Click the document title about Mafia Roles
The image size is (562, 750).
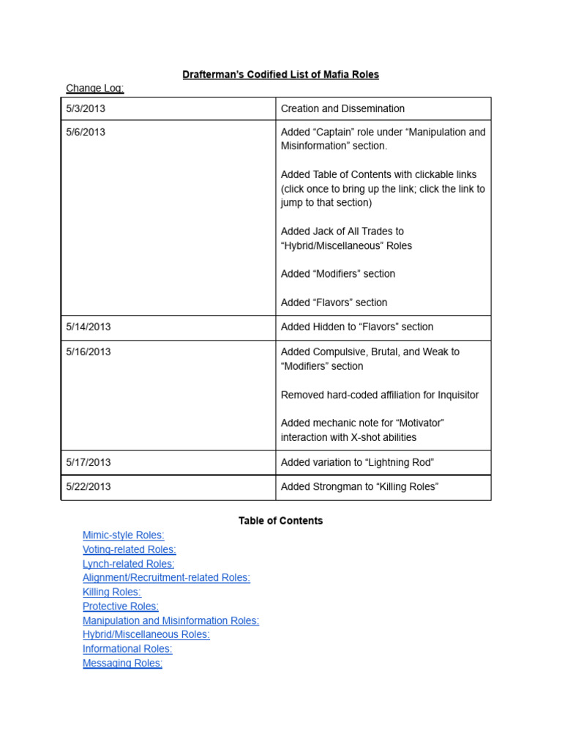(x=280, y=75)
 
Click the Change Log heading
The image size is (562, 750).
(x=95, y=89)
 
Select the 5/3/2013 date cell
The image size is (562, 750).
(x=86, y=108)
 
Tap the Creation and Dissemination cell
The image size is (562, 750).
(x=342, y=108)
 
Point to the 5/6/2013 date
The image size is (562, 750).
(x=86, y=132)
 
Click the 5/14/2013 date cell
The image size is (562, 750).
(x=89, y=327)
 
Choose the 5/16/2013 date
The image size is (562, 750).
(x=89, y=352)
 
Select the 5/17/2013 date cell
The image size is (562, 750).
(x=89, y=462)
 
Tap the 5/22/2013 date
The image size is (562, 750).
(x=89, y=486)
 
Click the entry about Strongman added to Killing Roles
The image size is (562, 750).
(x=359, y=486)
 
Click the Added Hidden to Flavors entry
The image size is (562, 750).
(x=357, y=327)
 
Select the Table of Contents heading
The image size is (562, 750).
(x=280, y=521)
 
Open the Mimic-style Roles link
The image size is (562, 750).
(x=124, y=535)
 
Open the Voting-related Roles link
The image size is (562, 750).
(x=130, y=549)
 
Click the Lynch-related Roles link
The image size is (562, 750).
(x=129, y=564)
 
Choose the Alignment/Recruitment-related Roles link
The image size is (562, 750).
(x=166, y=578)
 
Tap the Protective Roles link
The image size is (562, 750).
(x=121, y=606)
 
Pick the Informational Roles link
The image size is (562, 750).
(x=127, y=649)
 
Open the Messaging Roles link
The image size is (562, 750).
(x=122, y=663)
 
